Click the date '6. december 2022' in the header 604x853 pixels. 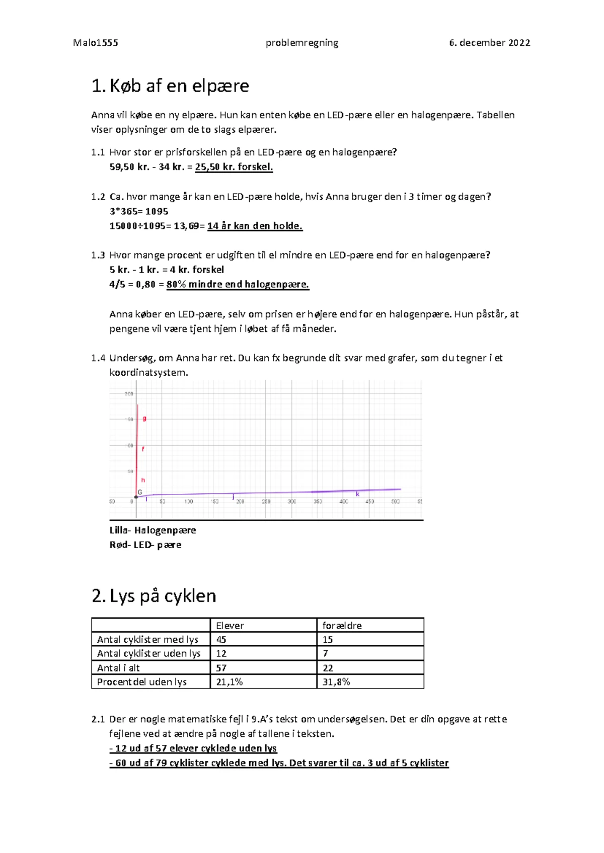[x=489, y=43]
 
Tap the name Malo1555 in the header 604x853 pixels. [x=96, y=43]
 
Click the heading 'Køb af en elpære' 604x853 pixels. [x=179, y=86]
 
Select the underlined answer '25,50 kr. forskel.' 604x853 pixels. [x=234, y=167]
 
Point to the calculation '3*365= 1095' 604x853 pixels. [x=139, y=211]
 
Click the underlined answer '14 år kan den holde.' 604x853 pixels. [x=255, y=226]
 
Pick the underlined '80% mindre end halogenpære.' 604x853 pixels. [x=237, y=284]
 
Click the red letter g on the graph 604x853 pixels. [x=144, y=418]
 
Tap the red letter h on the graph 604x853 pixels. [x=143, y=480]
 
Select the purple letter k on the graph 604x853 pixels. [x=358, y=494]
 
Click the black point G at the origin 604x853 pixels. [x=136, y=496]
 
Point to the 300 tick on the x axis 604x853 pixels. [x=291, y=501]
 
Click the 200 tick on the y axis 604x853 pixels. [x=129, y=394]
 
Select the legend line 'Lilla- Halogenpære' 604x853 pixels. [x=153, y=530]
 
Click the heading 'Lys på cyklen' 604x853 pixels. [x=163, y=596]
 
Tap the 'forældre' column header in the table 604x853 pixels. [x=342, y=626]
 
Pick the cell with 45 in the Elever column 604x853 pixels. [x=221, y=640]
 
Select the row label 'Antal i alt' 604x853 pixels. [x=118, y=668]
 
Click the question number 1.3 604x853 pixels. [x=98, y=255]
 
